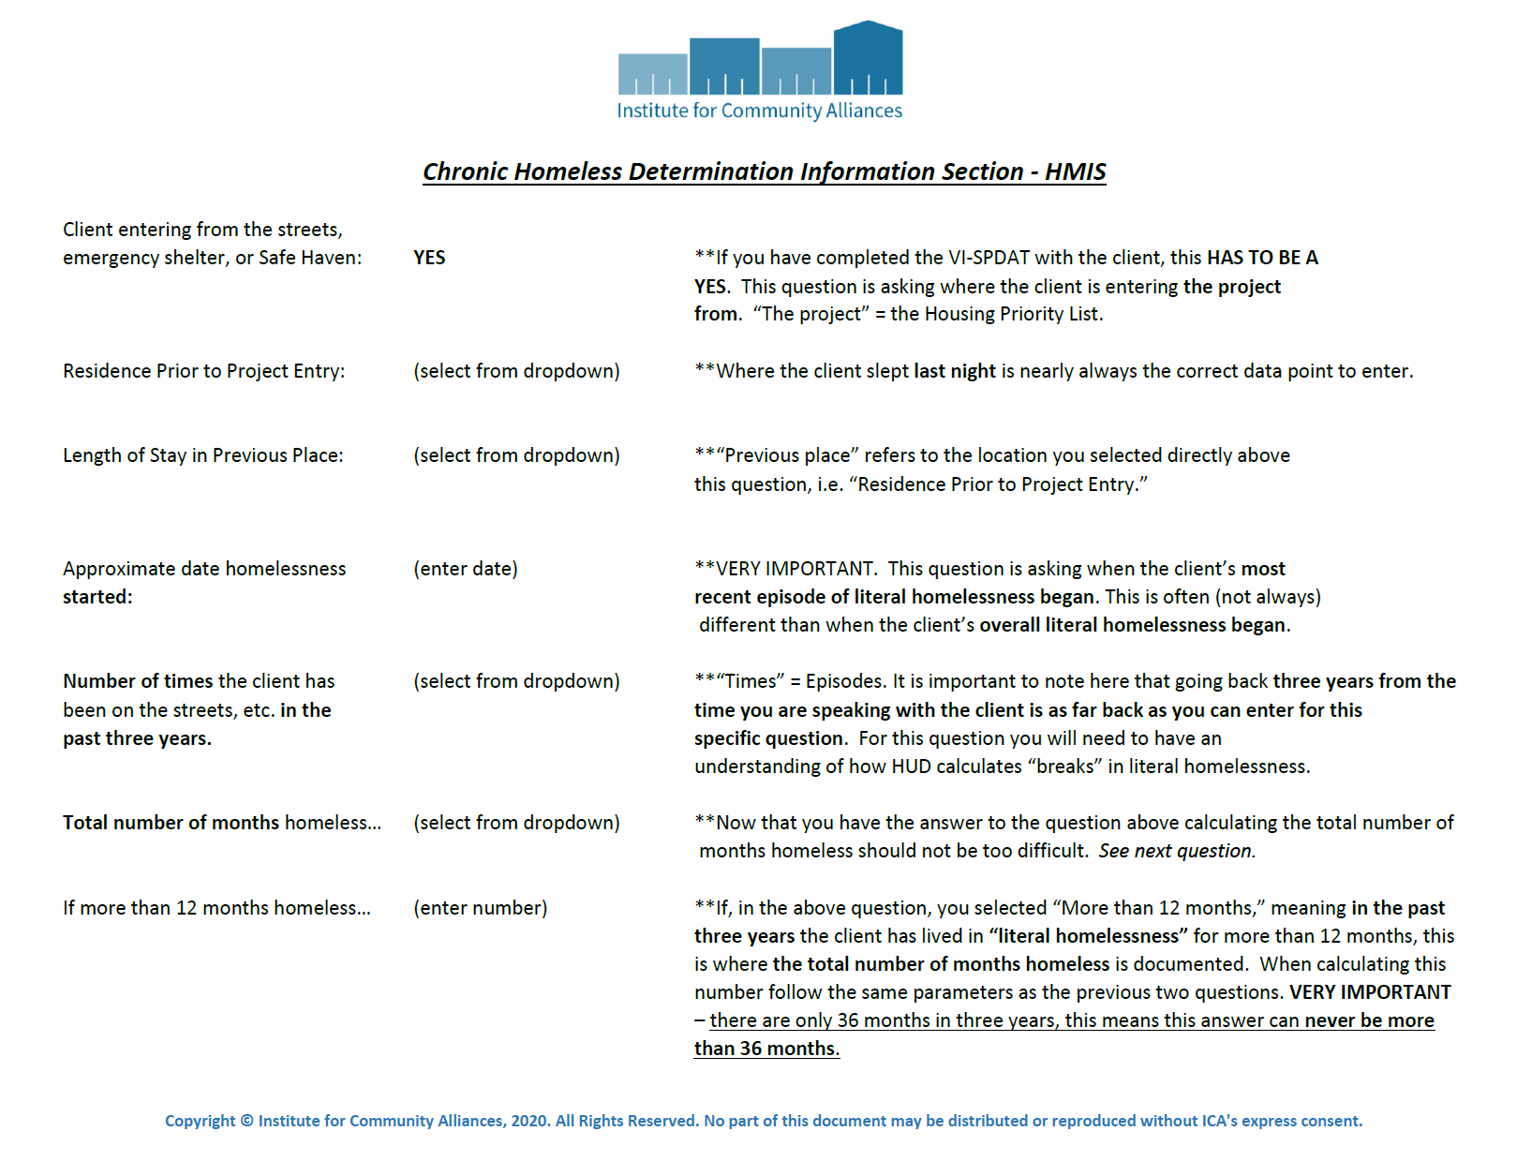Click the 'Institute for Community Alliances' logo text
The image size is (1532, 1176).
759,111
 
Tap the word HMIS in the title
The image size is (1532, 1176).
1075,171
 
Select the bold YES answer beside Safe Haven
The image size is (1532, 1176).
429,258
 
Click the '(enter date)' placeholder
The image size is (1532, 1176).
466,569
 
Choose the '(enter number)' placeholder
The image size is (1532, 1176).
481,908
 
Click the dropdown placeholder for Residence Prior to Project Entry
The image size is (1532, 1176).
516,371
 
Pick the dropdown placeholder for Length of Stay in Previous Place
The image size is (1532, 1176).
516,455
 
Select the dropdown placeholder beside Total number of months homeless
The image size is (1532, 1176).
516,823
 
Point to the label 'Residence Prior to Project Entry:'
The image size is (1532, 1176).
203,371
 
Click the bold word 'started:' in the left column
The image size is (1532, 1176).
97,597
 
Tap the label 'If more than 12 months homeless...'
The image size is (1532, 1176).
216,908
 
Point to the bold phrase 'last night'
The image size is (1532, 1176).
954,371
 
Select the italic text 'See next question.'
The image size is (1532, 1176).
1177,851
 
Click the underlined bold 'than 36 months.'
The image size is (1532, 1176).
766,1049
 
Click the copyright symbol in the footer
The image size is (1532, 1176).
247,1121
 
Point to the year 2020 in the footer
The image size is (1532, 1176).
529,1121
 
